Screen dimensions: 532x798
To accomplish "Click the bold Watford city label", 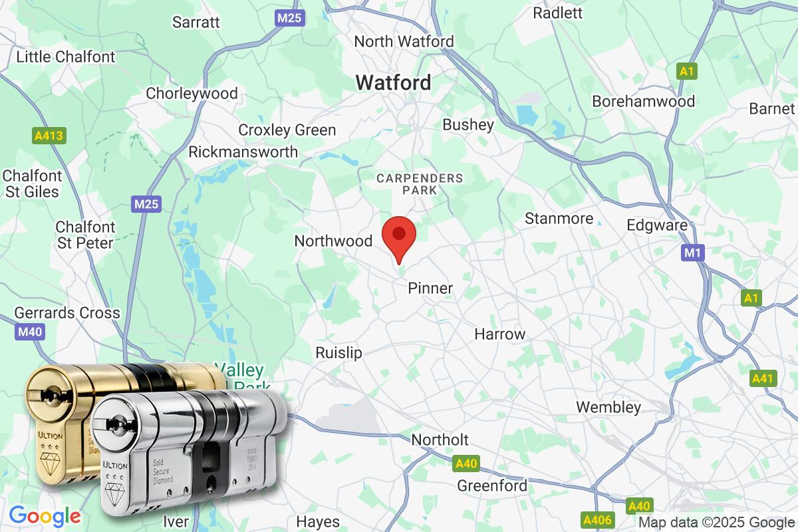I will pyautogui.click(x=393, y=83).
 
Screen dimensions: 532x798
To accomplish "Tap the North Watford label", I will pyautogui.click(x=404, y=41).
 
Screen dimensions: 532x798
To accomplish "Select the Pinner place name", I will pyautogui.click(x=430, y=288).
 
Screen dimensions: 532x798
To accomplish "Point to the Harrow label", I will pyautogui.click(x=499, y=334).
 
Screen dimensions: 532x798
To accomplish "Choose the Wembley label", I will pyautogui.click(x=608, y=407).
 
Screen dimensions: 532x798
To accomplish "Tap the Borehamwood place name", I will pyautogui.click(x=643, y=102).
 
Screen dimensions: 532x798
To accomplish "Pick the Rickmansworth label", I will pyautogui.click(x=243, y=152).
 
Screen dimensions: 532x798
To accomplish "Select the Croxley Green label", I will pyautogui.click(x=287, y=130).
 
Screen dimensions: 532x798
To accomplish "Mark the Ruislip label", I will pyautogui.click(x=339, y=352).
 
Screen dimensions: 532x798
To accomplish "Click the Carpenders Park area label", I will pyautogui.click(x=419, y=184).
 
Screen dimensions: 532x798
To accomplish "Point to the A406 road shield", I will pyautogui.click(x=597, y=518).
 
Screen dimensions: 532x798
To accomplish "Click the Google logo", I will pyautogui.click(x=45, y=515).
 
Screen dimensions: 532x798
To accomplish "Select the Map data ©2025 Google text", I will pyautogui.click(x=716, y=522).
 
